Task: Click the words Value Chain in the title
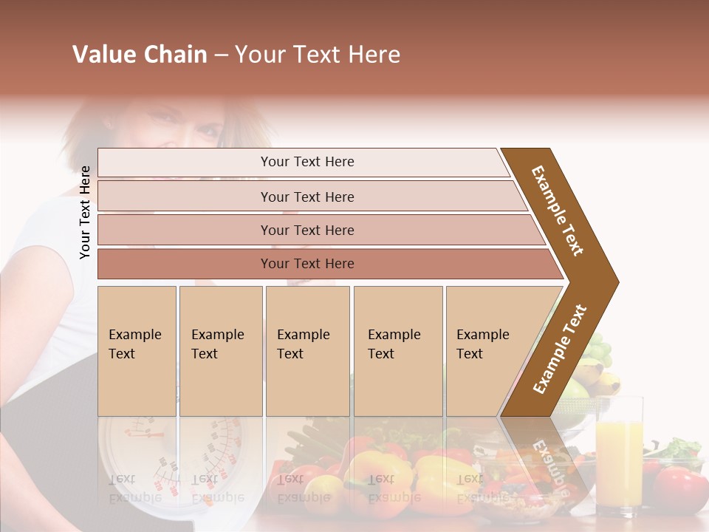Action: point(140,55)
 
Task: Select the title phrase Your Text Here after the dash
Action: point(318,55)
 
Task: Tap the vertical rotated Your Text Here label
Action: point(85,213)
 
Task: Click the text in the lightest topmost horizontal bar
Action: point(307,162)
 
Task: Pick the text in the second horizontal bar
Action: point(307,197)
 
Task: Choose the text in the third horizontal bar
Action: point(307,230)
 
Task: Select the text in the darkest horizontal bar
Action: point(307,264)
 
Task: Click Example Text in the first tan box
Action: point(134,344)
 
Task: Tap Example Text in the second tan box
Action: point(217,344)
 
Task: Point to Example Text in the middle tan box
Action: point(303,344)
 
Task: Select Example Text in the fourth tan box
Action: point(394,344)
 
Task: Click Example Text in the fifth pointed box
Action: point(482,344)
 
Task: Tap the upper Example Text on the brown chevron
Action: point(558,211)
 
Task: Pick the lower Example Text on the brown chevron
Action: point(559,349)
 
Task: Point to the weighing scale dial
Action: point(140,451)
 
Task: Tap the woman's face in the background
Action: point(188,122)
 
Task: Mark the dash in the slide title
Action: point(221,55)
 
